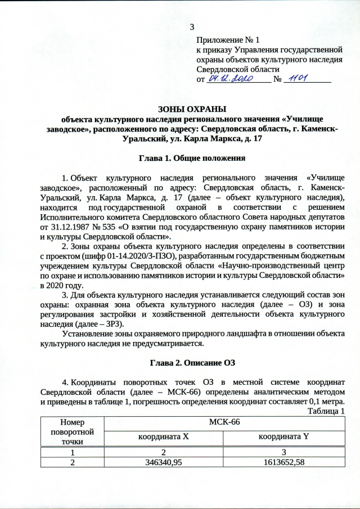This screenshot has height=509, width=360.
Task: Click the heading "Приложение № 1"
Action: [228, 40]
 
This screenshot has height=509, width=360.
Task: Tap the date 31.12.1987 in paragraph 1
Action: [64, 227]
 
